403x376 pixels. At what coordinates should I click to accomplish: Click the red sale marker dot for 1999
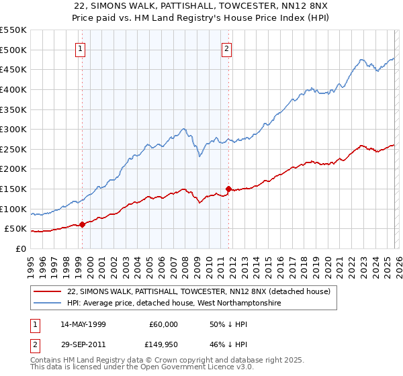(82, 224)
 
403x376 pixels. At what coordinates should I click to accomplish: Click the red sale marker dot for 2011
(228, 189)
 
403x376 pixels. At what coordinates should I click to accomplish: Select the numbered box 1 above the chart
(81, 48)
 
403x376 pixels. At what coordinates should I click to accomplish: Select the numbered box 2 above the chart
(227, 48)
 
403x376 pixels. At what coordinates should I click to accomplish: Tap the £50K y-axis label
(16, 229)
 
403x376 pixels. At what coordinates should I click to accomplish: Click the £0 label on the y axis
(21, 249)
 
